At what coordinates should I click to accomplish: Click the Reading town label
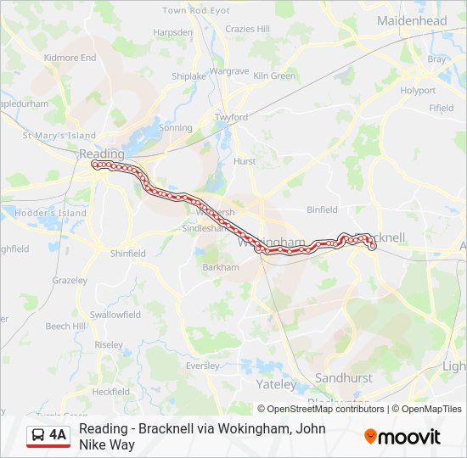(x=101, y=154)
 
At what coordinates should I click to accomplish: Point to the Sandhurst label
(x=344, y=377)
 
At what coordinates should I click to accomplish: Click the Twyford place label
(x=231, y=117)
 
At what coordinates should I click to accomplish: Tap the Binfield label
(x=322, y=209)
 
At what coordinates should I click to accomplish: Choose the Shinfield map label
(x=128, y=253)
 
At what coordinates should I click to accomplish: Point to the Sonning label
(x=176, y=127)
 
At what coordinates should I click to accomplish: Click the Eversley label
(x=202, y=366)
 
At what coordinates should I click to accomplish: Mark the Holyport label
(x=418, y=90)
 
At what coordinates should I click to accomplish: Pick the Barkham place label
(x=221, y=266)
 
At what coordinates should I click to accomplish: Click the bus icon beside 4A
(x=38, y=436)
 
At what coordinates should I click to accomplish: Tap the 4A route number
(x=58, y=436)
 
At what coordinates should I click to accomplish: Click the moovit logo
(x=402, y=437)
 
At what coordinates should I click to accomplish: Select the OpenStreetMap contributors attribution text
(x=321, y=409)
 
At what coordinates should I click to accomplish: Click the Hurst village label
(x=245, y=160)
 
